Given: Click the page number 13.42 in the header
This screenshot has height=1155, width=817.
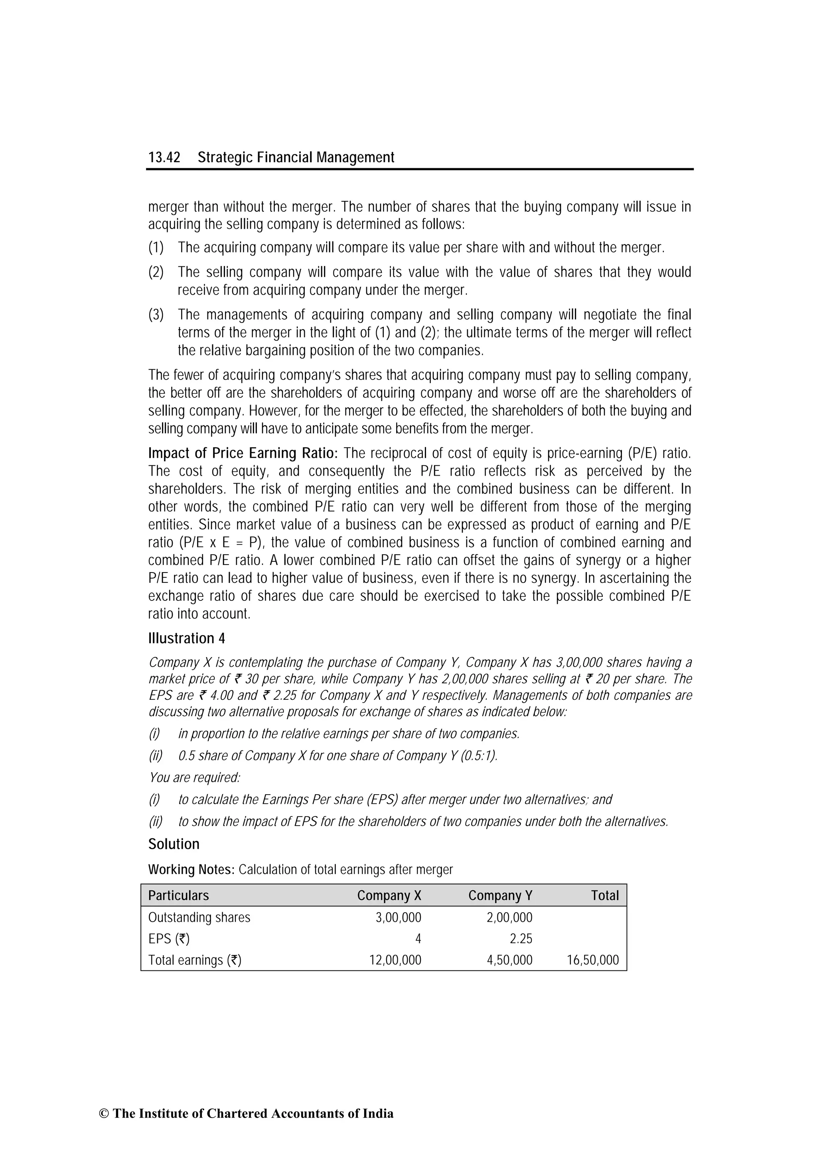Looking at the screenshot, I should pos(164,157).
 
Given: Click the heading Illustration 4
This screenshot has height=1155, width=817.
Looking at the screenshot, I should pos(186,638).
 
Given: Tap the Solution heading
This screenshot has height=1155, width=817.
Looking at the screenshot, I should pos(174,844).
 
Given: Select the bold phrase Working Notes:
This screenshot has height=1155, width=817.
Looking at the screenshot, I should pos(191,869).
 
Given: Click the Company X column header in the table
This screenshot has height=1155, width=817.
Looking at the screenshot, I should pos(389,895).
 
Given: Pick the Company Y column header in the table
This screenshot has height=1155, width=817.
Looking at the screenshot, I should pos(500,895).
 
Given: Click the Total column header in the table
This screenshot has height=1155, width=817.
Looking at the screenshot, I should pos(604,895).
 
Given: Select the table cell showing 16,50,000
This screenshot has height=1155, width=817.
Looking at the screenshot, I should pos(592,960).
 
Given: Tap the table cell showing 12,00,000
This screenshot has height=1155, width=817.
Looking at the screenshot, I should pos(395,960).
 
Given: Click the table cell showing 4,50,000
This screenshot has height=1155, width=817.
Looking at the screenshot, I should pos(509,960).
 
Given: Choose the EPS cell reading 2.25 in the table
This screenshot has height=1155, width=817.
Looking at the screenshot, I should pos(521,939).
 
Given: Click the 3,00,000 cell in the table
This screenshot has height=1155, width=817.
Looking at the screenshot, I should pos(398,917).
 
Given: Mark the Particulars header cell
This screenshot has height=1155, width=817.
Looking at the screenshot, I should pos(178,895).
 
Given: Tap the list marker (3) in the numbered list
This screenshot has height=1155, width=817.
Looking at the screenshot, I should pos(156,315).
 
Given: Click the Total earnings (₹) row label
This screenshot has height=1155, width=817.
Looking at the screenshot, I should pos(194,960).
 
